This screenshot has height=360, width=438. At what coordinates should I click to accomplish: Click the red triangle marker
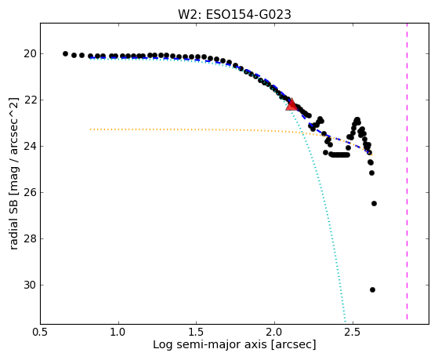click(291, 104)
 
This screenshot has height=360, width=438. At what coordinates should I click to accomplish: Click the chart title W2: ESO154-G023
click(234, 15)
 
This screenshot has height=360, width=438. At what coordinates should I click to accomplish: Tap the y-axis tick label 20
click(30, 53)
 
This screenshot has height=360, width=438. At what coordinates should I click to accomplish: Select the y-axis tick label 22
click(30, 100)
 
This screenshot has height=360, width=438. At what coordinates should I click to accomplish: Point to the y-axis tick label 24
click(30, 146)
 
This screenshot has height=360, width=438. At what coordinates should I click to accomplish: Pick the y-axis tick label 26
click(30, 192)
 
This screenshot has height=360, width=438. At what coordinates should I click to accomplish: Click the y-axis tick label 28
click(30, 238)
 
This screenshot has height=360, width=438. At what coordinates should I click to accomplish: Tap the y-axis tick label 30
click(30, 285)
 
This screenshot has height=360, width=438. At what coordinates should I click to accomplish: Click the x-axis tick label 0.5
click(41, 333)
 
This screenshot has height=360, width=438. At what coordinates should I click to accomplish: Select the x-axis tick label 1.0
click(119, 333)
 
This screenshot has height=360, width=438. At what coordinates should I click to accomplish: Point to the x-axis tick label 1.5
click(197, 333)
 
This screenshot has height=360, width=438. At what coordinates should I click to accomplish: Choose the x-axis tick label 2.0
click(274, 333)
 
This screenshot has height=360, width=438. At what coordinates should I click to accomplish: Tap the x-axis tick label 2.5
click(353, 333)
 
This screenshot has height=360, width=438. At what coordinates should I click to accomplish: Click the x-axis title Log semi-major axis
click(209, 344)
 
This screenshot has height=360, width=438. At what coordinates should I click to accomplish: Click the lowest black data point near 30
click(372, 289)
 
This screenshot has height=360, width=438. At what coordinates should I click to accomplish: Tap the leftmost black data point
click(65, 53)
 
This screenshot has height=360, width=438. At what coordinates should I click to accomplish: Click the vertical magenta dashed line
click(407, 172)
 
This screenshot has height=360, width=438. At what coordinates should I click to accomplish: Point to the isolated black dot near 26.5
click(374, 203)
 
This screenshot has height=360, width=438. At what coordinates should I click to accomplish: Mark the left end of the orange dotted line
click(90, 129)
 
